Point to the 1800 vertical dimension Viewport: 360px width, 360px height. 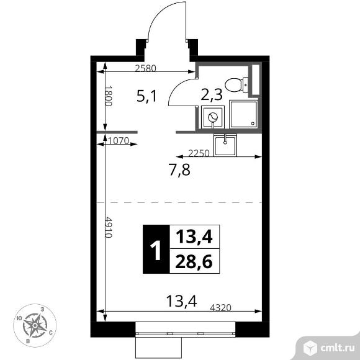coord(107,96)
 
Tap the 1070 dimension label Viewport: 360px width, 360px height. coord(118,141)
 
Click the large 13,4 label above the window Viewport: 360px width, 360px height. coord(181,302)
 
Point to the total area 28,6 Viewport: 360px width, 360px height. coord(194,261)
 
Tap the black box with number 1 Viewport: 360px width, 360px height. coord(155,249)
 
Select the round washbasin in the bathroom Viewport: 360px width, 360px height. coord(212,116)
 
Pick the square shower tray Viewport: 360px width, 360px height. coord(243,115)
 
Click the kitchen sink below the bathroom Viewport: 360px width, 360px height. coord(224,146)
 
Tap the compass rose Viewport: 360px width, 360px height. coord(37,324)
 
